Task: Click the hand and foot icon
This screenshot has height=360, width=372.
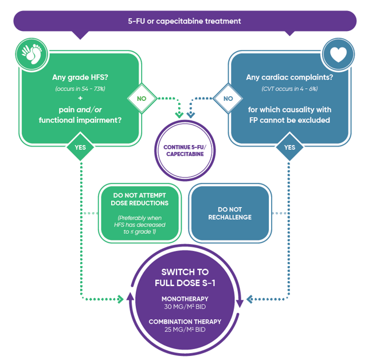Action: [x=32, y=54]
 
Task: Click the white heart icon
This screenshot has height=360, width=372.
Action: [x=338, y=54]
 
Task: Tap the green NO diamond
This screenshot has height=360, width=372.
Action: [x=142, y=98]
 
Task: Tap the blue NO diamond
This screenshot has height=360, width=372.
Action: [x=228, y=98]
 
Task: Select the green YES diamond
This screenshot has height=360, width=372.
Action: [x=80, y=147]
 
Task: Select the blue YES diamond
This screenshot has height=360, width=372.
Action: [x=289, y=147]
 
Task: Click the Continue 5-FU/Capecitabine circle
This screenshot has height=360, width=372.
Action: [x=185, y=150]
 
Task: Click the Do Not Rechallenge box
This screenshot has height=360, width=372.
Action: [x=230, y=213]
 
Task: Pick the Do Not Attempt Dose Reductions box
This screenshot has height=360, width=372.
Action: [x=140, y=213]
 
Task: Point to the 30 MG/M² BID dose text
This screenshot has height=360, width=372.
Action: [x=185, y=307]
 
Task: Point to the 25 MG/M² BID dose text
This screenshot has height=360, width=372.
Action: [x=185, y=330]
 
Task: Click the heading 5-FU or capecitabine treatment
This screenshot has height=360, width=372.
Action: [x=185, y=21]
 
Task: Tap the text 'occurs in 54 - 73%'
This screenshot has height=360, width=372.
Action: [x=80, y=89]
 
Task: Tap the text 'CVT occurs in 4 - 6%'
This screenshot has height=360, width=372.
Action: [x=289, y=89]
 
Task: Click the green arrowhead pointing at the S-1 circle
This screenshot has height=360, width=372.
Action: [x=120, y=299]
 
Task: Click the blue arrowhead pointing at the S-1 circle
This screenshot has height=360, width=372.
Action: [x=249, y=299]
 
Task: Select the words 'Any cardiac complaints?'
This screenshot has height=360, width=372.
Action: [x=289, y=77]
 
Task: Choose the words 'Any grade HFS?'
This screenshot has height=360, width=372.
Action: [x=80, y=77]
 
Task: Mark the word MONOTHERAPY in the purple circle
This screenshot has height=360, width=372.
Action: [x=185, y=299]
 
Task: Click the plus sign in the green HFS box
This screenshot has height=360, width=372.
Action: [x=80, y=98]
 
